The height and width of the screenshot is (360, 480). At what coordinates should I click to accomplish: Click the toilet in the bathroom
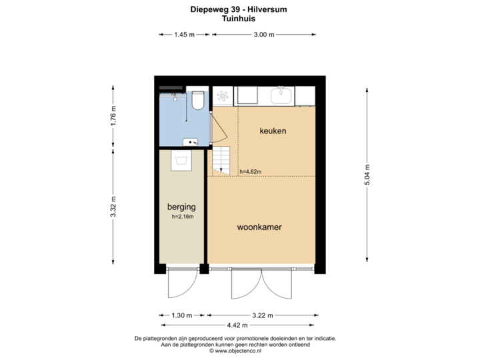pos(197,101)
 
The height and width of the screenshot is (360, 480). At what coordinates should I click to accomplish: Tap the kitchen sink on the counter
pos(281,97)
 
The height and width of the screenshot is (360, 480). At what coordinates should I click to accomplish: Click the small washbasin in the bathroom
pos(191,141)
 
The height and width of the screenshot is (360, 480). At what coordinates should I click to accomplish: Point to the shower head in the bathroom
pos(175,97)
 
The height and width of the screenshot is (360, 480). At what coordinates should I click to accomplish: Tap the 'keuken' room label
pos(273,131)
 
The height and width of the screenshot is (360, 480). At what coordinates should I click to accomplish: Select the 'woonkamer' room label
pos(259,227)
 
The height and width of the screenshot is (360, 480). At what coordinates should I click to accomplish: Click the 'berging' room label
pos(181,207)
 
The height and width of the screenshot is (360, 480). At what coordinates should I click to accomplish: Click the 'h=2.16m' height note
pos(181,217)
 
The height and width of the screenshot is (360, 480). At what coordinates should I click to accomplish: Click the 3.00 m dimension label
pos(263,34)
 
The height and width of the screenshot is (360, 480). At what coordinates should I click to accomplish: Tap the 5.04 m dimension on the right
pos(366,175)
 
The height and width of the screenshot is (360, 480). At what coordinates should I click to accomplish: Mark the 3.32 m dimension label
pos(113,207)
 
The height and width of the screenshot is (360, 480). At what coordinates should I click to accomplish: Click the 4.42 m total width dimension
pos(237,325)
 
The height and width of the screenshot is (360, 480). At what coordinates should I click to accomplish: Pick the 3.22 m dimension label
pos(261,315)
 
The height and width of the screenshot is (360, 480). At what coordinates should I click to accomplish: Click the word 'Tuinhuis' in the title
pos(238,20)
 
